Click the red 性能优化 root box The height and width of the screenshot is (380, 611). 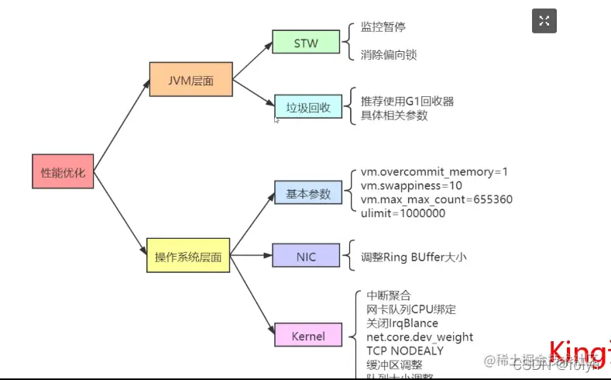pos(63,172)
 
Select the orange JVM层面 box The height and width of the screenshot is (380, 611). pos(191,80)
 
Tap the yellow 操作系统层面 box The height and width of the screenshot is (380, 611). pos(188,255)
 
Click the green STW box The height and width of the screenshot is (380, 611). pos(306,43)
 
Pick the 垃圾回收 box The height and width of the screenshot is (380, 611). pos(308,108)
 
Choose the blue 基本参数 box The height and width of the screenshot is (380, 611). pos(307,192)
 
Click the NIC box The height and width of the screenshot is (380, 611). pos(306,254)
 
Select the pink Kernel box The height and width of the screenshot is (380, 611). pos(307,336)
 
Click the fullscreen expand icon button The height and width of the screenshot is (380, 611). pos(544,21)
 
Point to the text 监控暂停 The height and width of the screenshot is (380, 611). pos(383,26)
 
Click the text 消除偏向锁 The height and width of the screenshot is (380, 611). pos(389,55)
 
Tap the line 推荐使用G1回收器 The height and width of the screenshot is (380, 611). pos(407,101)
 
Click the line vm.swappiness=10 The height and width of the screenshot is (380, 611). pos(411,185)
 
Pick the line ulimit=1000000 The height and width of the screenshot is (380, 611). pos(403,213)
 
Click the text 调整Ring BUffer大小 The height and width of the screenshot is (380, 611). pos(414,257)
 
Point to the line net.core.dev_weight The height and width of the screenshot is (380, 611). pos(419,337)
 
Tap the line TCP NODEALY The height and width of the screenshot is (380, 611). pos(405,351)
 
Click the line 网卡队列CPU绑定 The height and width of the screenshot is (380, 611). pos(411,309)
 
